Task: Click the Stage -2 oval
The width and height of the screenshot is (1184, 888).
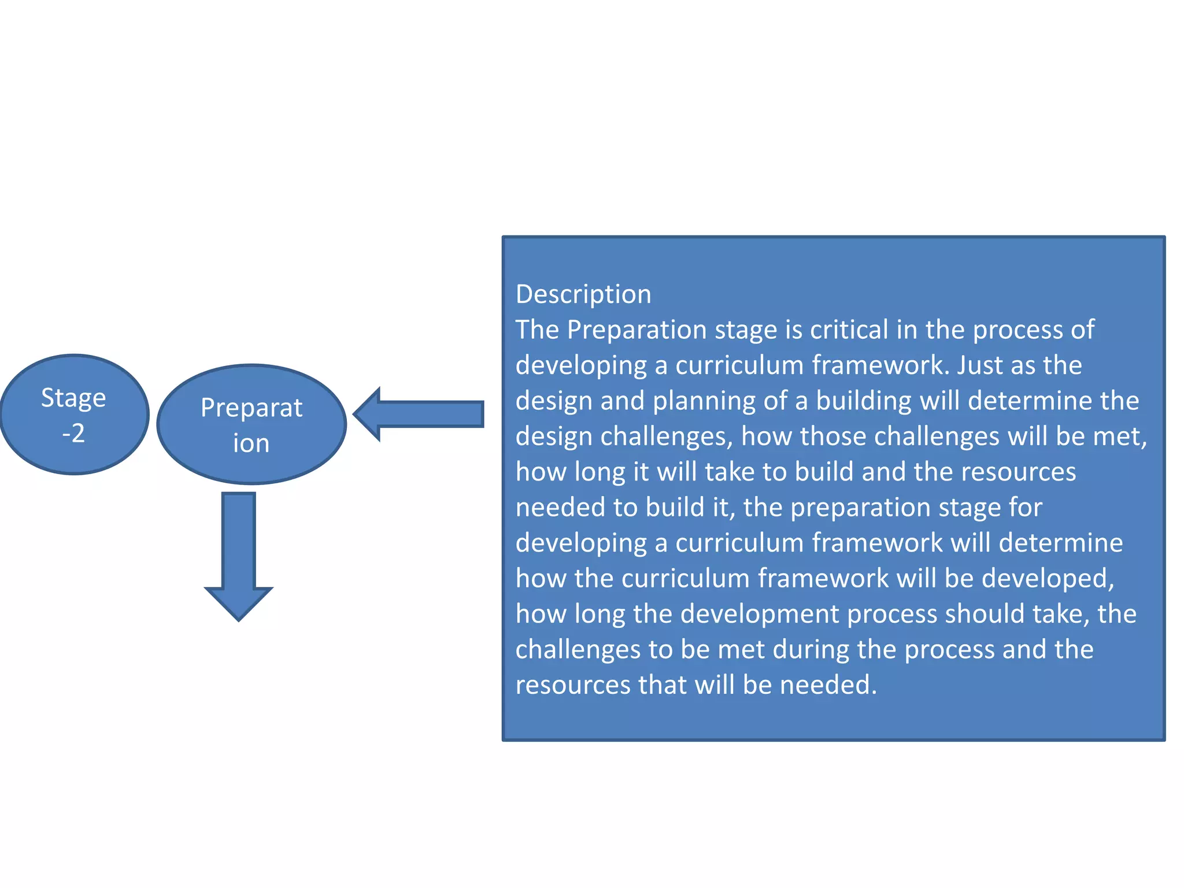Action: (x=74, y=414)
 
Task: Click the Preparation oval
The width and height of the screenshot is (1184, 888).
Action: (x=251, y=425)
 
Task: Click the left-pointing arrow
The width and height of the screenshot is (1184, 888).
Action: (x=419, y=414)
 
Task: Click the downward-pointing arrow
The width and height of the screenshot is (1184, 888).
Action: (x=238, y=555)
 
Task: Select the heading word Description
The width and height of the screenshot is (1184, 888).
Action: (x=583, y=294)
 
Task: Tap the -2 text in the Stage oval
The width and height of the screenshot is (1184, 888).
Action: (x=73, y=433)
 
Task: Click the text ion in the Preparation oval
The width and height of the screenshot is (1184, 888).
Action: (x=251, y=443)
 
